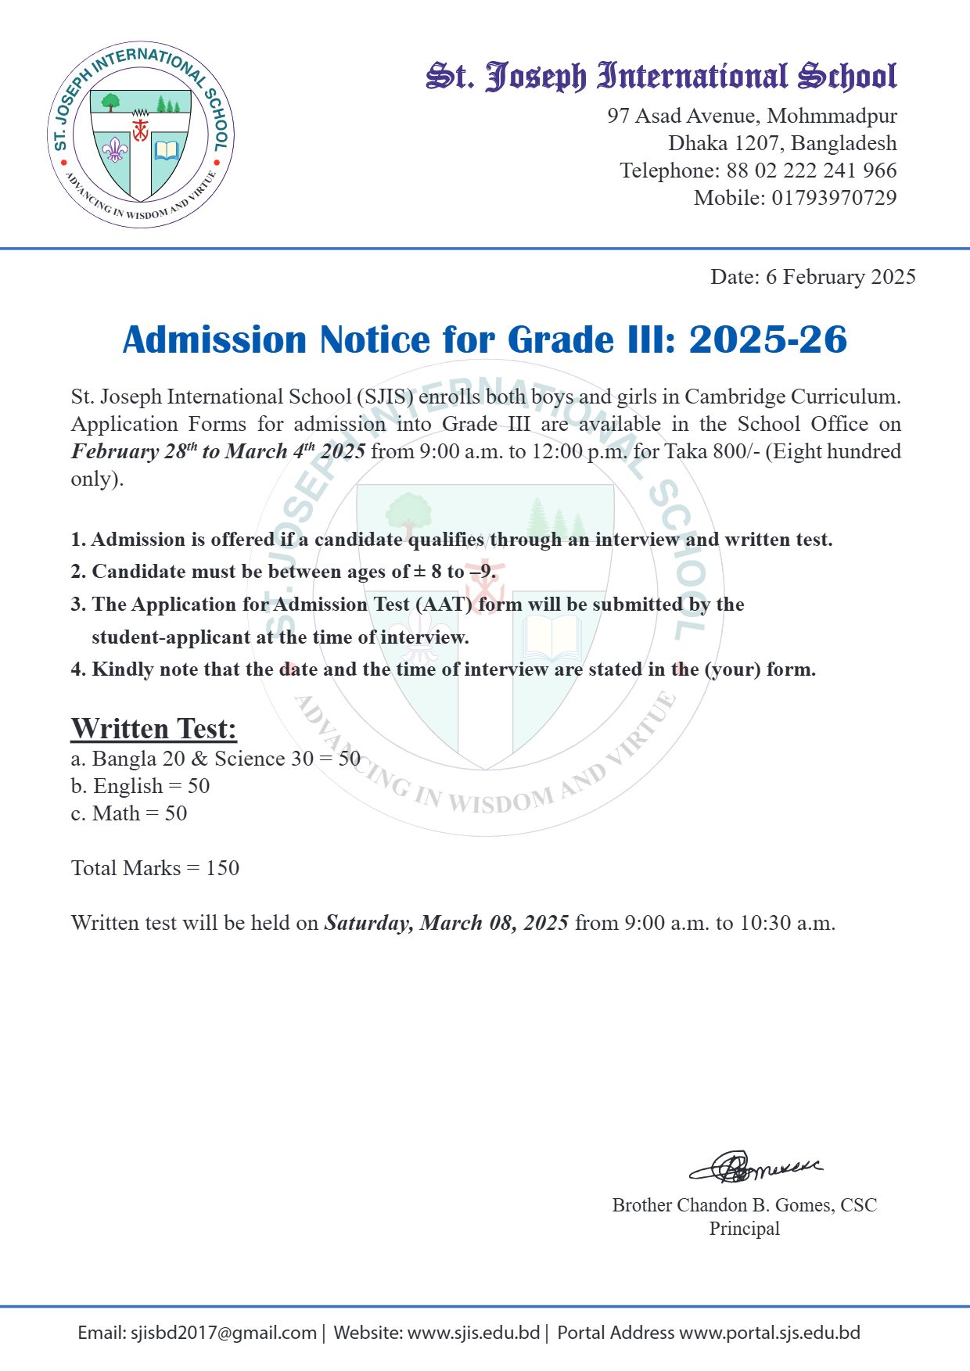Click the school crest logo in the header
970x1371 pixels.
(141, 135)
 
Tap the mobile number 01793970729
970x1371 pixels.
(834, 198)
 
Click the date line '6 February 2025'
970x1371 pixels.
(840, 277)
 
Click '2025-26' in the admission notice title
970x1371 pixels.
(768, 339)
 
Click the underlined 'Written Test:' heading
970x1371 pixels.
(153, 728)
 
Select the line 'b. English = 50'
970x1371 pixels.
(140, 786)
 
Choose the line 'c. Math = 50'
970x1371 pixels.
(129, 813)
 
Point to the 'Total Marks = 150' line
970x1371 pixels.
(155, 868)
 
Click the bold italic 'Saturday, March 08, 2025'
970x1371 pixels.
(446, 923)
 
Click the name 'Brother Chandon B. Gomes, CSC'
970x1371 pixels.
(744, 1205)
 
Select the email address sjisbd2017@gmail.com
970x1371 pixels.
(223, 1333)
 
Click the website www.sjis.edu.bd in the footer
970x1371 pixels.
(473, 1333)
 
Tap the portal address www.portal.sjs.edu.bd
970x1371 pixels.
(769, 1333)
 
